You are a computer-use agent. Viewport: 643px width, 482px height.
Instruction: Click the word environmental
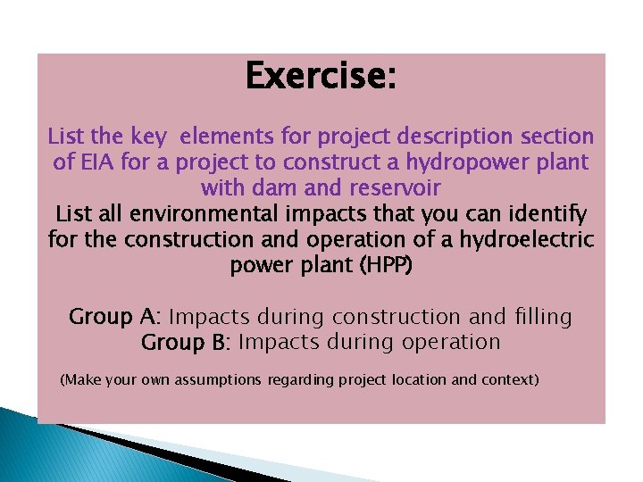217,214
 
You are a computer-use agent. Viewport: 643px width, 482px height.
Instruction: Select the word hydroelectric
522,240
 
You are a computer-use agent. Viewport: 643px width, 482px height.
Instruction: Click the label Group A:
115,317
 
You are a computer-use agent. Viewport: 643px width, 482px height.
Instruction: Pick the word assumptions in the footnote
219,380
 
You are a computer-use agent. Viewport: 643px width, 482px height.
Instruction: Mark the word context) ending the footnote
510,379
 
